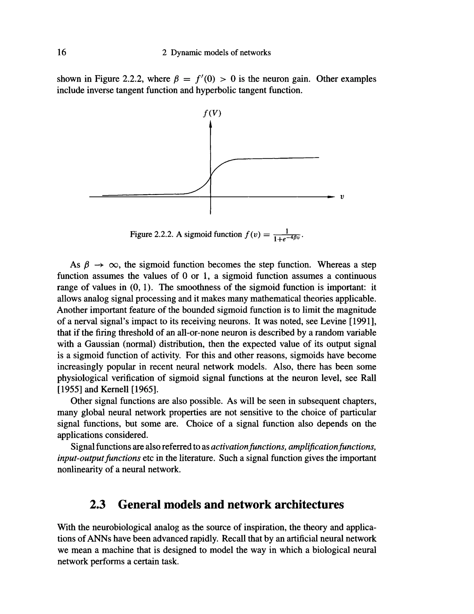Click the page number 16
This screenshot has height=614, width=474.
[62, 52]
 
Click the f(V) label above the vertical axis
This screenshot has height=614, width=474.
[212, 113]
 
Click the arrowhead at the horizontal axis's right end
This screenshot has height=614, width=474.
[331, 197]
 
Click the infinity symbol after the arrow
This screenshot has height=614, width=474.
[114, 265]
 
